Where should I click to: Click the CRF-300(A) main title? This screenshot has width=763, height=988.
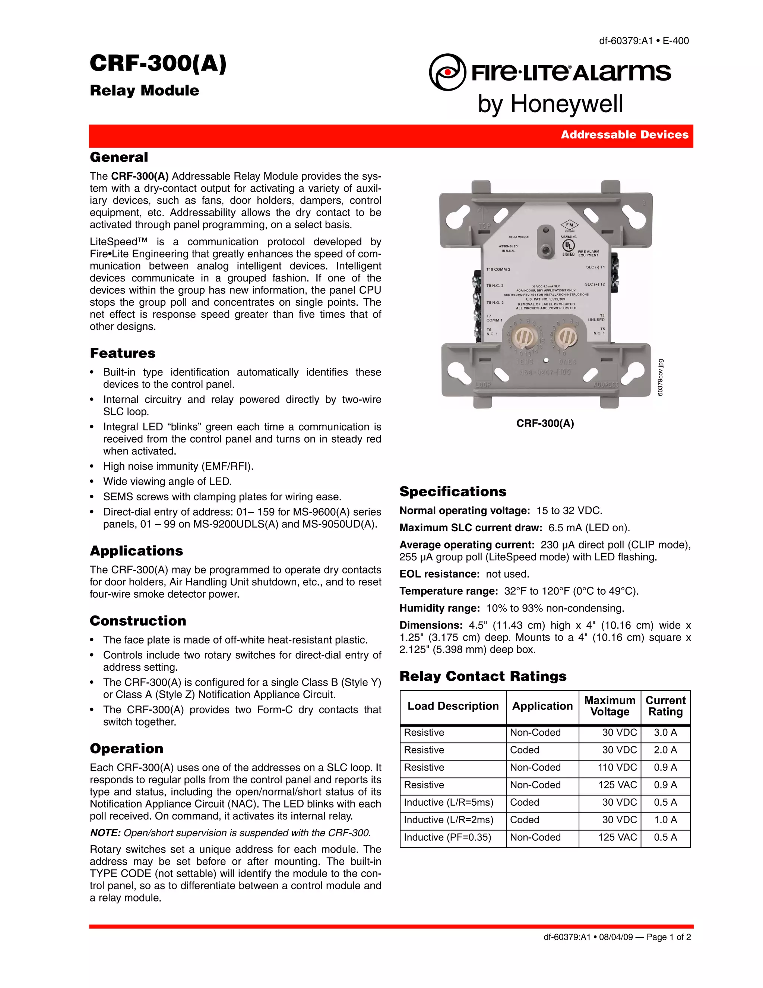[158, 63]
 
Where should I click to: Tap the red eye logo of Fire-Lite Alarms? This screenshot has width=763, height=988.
[447, 72]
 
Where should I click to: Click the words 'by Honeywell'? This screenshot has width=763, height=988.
[550, 104]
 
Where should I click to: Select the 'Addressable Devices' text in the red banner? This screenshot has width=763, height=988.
[624, 135]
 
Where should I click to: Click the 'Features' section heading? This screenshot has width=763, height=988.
[123, 353]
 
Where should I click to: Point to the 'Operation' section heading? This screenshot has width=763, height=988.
[127, 748]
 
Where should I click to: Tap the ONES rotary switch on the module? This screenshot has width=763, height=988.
[566, 337]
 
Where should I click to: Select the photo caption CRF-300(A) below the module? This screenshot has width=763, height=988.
[545, 424]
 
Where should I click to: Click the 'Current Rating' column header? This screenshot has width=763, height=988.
[665, 706]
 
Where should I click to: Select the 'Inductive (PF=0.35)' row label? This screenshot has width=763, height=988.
[447, 837]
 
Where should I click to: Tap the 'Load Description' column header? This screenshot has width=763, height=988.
[453, 706]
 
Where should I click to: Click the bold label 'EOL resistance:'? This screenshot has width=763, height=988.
[439, 574]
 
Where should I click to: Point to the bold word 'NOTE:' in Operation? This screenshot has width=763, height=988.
[105, 833]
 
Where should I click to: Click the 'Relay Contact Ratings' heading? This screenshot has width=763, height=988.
[483, 676]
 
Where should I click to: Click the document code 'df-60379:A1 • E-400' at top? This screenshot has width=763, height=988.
[644, 41]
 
